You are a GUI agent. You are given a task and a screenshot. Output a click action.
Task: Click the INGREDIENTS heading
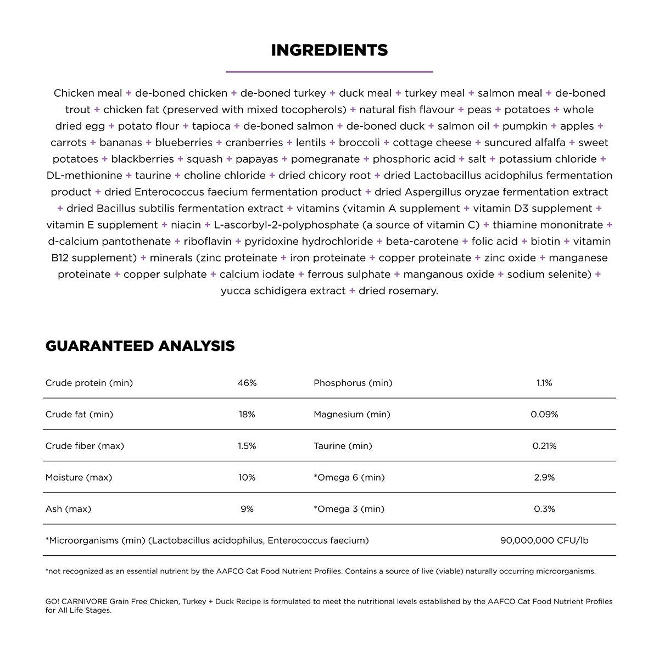pos(329,51)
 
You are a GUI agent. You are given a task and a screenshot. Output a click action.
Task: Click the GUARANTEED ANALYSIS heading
pos(140,346)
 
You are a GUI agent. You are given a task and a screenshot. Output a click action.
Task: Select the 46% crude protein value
pos(247,383)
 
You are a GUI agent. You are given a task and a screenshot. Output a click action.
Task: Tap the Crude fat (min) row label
pos(79,415)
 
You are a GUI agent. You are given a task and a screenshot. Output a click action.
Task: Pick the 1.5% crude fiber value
pos(247,446)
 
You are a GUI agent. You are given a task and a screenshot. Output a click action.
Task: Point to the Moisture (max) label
pos(79,478)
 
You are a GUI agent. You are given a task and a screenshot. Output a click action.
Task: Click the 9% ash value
pos(247,509)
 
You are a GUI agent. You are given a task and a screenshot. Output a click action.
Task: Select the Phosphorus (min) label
pos(353,383)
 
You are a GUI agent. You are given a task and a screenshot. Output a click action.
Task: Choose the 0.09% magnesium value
pos(544,415)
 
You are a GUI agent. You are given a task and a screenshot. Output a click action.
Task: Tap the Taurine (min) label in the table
pos(343,446)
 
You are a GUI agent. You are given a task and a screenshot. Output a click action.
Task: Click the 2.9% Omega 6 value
pos(544,478)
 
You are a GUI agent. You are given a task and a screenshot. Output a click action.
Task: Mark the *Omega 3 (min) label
pos(349,509)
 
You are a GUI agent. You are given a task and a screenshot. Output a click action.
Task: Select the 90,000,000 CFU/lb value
pos(544,540)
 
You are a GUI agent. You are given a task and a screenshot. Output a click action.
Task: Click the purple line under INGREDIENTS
pos(329,71)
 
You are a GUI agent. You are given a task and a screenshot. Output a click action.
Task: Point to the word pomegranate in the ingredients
pos(325,159)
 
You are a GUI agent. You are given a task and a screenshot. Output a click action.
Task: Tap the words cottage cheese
pos(432,143)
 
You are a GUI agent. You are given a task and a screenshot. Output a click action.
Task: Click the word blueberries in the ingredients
pos(183,143)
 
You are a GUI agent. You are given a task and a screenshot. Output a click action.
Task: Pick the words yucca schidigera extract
pos(283,291)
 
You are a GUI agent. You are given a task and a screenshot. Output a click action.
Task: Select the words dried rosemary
pos(398,291)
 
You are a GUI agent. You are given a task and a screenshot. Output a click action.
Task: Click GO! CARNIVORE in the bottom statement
pos(76,601)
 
